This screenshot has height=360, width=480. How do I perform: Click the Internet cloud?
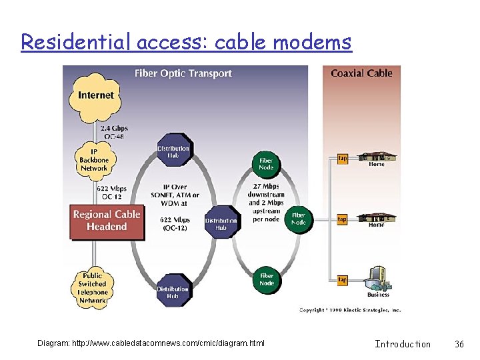coord(95,95)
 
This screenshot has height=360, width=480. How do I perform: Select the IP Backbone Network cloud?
coord(94,160)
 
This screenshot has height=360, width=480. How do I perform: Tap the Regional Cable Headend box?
coord(107,221)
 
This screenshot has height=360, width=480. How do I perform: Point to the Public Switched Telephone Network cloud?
coord(93,288)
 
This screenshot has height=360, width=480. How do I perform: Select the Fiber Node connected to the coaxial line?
coord(299,219)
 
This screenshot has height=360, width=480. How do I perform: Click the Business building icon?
coord(377,280)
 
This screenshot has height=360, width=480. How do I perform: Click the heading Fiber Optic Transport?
coord(183,73)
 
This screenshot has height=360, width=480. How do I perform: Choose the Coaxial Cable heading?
coord(361,73)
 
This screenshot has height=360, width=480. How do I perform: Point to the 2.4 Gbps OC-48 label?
coord(114,132)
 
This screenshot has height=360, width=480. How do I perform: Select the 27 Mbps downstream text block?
coord(266,202)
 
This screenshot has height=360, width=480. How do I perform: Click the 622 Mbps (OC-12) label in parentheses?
coord(175,223)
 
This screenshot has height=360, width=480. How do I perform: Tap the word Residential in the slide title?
coord(77,43)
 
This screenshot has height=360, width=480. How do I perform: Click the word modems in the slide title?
coord(312,43)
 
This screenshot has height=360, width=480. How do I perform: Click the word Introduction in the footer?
coord(403,344)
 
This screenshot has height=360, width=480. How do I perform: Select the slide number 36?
coord(459,344)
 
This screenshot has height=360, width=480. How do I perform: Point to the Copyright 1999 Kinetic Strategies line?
coord(349,310)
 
